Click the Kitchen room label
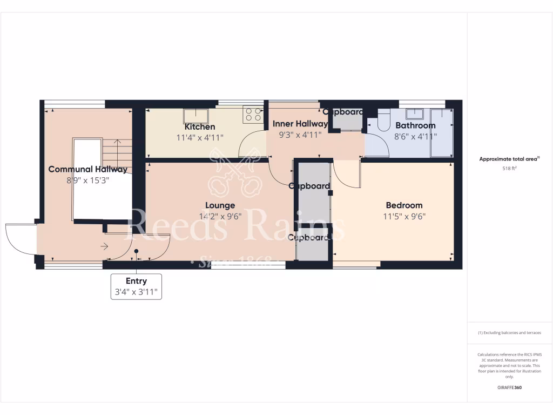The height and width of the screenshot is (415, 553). pyautogui.click(x=200, y=126)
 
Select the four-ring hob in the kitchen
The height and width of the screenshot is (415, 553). pyautogui.click(x=253, y=115)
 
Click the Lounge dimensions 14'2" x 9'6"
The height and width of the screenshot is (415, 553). pyautogui.click(x=220, y=216)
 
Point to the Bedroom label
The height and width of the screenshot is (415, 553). pyautogui.click(x=404, y=205)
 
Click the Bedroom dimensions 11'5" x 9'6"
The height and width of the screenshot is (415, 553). pyautogui.click(x=404, y=216)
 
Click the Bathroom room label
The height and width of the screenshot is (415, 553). pyautogui.click(x=415, y=125)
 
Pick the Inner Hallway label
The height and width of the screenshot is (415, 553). pyautogui.click(x=300, y=124)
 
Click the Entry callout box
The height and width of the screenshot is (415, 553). pyautogui.click(x=136, y=286)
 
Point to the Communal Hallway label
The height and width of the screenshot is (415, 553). pyautogui.click(x=88, y=169)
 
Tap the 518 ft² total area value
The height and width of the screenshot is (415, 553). pyautogui.click(x=509, y=169)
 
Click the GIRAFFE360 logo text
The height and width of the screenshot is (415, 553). pyautogui.click(x=509, y=387)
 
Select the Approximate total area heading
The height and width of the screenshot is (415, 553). pyautogui.click(x=509, y=159)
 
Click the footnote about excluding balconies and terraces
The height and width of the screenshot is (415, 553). pyautogui.click(x=509, y=333)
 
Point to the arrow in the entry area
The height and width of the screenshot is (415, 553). pyautogui.click(x=104, y=247)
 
